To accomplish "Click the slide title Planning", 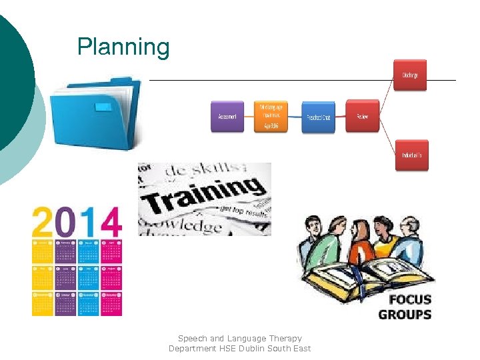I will [123, 47].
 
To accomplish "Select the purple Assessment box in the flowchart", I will [227, 116].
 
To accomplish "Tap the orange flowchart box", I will [271, 116].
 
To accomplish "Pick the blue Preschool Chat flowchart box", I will [318, 117].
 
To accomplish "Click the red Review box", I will [362, 116].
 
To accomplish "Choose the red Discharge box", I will [411, 75].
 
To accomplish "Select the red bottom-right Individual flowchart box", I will [411, 155].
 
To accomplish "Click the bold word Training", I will [203, 195].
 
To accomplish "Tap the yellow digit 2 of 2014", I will [43, 221].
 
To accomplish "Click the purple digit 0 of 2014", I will [67, 221].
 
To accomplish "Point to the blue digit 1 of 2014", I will [87, 221].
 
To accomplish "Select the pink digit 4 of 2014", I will [108, 221].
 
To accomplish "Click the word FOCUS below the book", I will [410, 299].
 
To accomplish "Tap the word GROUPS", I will [405, 315].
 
